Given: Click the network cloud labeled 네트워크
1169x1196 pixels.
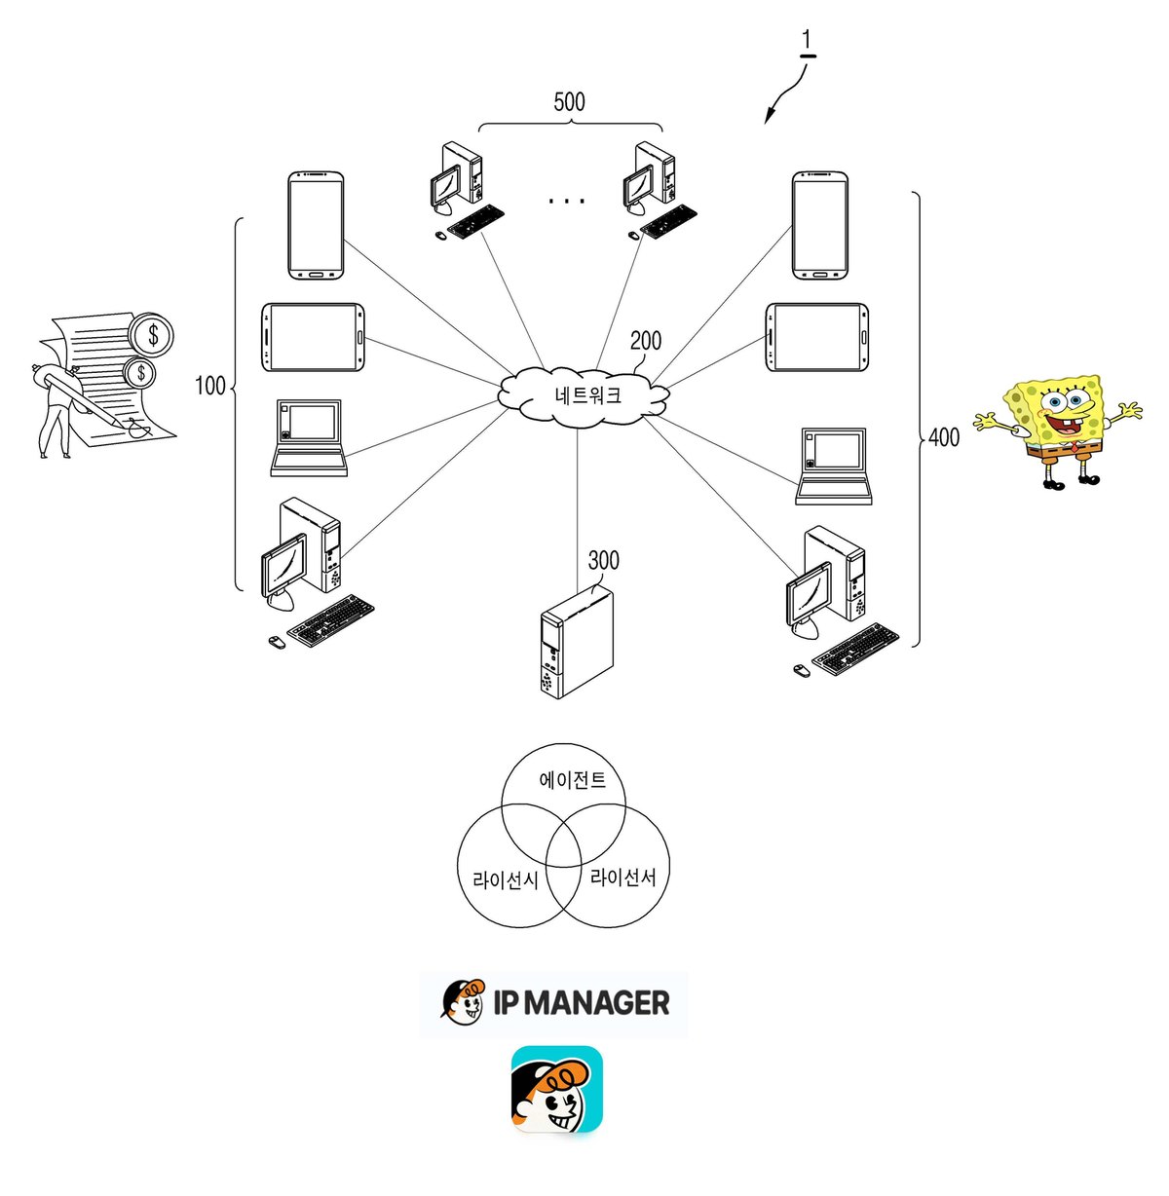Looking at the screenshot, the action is (x=583, y=396).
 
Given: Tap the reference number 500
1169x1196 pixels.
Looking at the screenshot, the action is (x=569, y=102).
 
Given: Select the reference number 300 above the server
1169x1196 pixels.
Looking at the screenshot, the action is (x=604, y=561).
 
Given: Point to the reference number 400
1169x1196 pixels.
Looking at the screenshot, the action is (x=944, y=437).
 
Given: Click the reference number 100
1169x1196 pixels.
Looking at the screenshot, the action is (x=210, y=386).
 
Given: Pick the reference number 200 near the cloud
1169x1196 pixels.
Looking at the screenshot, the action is (x=646, y=341).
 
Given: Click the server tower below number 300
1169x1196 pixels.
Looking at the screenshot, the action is (x=577, y=641).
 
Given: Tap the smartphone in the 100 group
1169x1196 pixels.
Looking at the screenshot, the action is (x=316, y=226).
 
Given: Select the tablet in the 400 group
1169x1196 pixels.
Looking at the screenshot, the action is (x=816, y=337).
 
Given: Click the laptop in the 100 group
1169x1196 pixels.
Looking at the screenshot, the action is (x=309, y=437).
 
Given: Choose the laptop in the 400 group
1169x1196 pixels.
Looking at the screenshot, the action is (x=834, y=467).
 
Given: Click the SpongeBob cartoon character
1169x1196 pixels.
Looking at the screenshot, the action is (x=1057, y=432).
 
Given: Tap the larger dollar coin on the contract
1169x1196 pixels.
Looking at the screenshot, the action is (x=153, y=335).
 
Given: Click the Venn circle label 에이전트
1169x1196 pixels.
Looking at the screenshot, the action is (x=572, y=780).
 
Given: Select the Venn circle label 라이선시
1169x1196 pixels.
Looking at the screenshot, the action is (x=506, y=880).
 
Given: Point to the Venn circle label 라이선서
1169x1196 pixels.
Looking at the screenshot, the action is (x=622, y=877).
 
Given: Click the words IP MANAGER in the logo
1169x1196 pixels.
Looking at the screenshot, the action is (x=582, y=1002).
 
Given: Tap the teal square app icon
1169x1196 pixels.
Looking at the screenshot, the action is (x=557, y=1089).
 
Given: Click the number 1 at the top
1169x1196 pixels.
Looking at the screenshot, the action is (x=807, y=41).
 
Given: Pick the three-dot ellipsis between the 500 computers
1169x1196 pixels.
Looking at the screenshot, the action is (x=567, y=201).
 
